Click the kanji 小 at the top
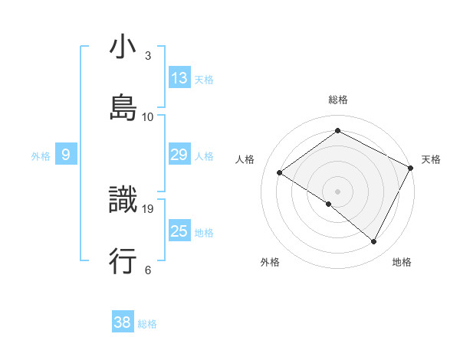click(x=123, y=47)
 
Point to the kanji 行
click(x=123, y=261)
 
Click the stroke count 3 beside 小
click(x=148, y=56)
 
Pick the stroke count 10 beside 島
click(x=148, y=116)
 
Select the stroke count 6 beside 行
click(x=148, y=270)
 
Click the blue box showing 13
click(x=179, y=78)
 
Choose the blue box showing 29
click(x=179, y=155)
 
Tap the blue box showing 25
click(x=179, y=231)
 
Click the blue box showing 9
click(x=66, y=155)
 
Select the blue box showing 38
click(x=123, y=322)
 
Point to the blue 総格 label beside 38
click(x=147, y=324)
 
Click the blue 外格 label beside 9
click(x=41, y=156)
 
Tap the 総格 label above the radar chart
click(x=338, y=100)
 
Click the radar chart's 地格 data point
click(x=374, y=242)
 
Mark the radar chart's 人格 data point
click(x=280, y=173)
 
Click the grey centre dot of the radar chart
click(x=338, y=191)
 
